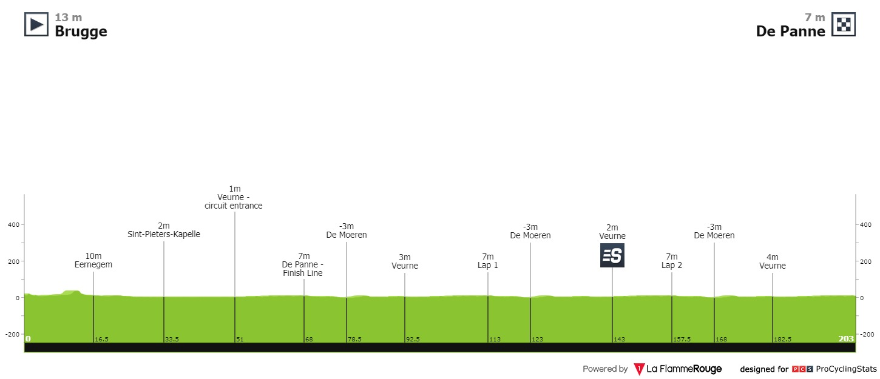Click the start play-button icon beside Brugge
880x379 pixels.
click(36, 24)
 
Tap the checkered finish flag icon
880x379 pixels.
click(843, 24)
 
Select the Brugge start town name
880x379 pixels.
click(81, 32)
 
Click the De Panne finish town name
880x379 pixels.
click(790, 32)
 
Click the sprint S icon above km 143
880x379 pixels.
click(612, 255)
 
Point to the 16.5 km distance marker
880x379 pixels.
click(101, 339)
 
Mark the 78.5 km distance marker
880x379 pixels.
click(354, 339)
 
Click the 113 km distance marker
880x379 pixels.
click(495, 339)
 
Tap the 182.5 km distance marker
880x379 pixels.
click(782, 339)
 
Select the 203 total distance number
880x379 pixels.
click(845, 338)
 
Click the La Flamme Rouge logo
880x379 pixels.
click(678, 369)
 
